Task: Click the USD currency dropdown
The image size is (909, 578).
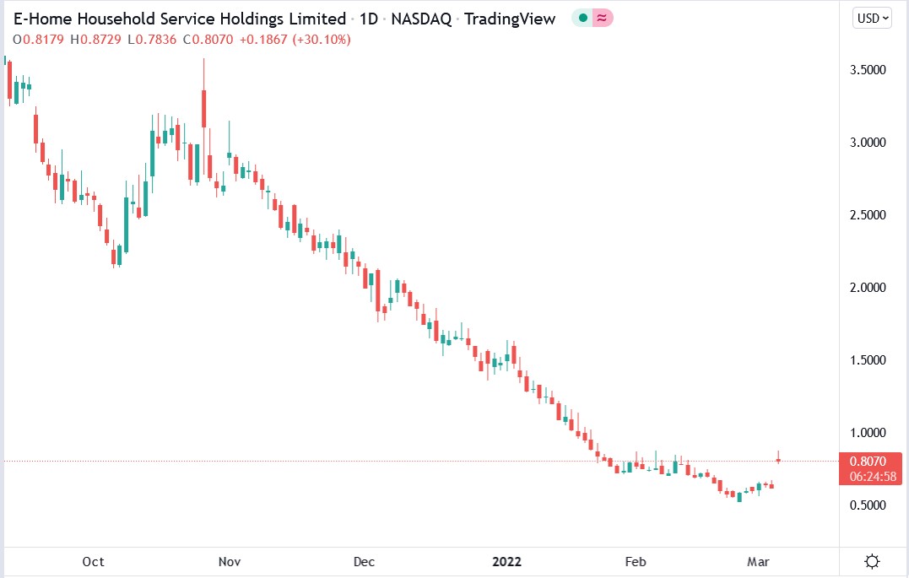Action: click(x=873, y=19)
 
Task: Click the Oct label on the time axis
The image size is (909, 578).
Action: click(x=93, y=562)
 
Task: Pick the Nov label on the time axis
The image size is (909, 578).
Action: click(x=229, y=562)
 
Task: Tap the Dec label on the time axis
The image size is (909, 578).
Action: click(x=364, y=562)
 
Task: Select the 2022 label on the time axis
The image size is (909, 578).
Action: click(x=507, y=562)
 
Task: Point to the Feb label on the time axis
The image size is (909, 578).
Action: click(x=635, y=562)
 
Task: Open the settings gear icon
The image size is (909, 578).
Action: click(x=874, y=562)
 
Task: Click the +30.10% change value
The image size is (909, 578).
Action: click(x=322, y=40)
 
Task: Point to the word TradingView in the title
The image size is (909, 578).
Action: click(x=513, y=19)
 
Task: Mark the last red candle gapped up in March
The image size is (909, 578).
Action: click(x=778, y=460)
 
